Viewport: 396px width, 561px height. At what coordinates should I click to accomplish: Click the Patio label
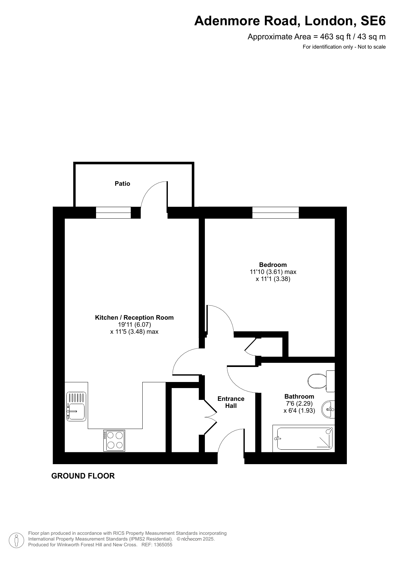123,183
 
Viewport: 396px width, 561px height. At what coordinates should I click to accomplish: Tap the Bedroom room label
273,265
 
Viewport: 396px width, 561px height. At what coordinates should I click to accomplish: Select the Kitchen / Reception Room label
134,317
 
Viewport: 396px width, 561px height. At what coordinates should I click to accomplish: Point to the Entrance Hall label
231,402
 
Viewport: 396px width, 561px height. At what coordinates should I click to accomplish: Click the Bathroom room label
299,396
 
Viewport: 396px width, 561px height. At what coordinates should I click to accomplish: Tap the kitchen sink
76,407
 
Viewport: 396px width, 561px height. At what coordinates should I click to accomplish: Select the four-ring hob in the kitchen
114,440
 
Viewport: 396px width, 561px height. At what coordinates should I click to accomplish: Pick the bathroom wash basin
329,409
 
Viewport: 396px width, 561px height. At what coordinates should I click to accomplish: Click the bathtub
303,439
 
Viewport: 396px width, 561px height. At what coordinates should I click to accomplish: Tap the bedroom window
276,213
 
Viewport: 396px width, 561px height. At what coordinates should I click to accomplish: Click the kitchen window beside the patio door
114,213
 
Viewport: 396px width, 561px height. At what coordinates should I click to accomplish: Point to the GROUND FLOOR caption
83,476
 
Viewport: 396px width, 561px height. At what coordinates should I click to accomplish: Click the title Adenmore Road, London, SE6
290,21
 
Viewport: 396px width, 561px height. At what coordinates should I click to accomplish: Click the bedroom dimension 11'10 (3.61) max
273,272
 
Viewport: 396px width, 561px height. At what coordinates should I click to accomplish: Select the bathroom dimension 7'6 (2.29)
299,404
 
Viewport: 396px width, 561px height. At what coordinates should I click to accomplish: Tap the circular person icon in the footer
16,540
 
